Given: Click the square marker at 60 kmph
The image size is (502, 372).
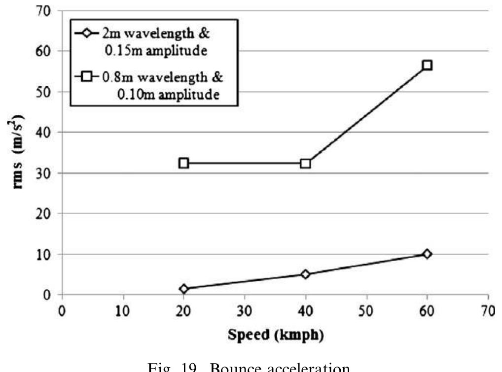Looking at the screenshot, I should (427, 65).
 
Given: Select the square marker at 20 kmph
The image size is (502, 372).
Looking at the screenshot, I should (183, 163).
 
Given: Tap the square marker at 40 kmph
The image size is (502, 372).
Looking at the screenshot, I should (305, 163).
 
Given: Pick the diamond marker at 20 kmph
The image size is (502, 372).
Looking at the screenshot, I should (183, 289).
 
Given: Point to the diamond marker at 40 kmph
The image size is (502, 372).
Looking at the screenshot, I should (305, 274).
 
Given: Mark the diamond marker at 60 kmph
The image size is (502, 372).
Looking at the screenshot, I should (427, 254).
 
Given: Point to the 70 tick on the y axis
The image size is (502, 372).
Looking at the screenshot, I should (46, 11).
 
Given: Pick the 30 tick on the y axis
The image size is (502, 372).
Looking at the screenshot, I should (46, 173).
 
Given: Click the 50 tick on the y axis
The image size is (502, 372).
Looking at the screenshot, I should (46, 92).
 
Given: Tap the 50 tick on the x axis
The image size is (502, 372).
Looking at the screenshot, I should (366, 311).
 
